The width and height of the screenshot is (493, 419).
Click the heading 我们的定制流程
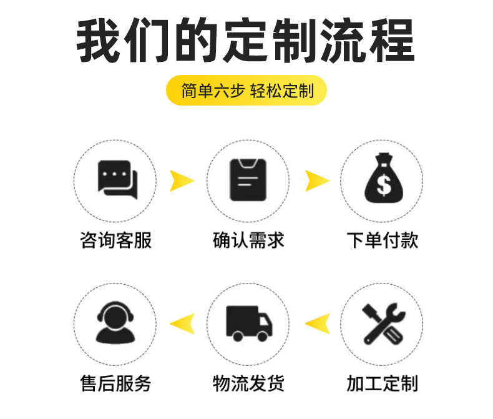tap(246, 42)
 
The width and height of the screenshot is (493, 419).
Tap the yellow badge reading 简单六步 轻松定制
tap(246, 91)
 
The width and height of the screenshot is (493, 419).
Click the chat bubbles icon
tap(117, 179)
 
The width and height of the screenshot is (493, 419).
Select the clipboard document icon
tap(248, 179)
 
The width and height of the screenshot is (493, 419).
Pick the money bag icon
tap(381, 179)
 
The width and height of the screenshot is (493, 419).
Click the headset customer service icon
tap(115, 322)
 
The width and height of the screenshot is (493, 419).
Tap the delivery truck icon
tap(248, 323)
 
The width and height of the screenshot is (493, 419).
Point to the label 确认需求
tap(248, 240)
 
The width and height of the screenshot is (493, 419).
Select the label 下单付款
tap(382, 240)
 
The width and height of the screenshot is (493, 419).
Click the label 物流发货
tap(248, 383)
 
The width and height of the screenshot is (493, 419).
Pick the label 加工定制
tap(382, 383)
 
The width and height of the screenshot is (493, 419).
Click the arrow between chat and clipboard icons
tap(181, 180)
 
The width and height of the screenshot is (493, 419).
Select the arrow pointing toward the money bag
tap(316, 180)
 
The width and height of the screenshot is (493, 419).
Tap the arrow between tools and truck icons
tap(316, 323)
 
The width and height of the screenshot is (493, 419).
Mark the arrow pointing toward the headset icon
tap(182, 323)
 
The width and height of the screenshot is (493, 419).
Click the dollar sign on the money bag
tap(381, 185)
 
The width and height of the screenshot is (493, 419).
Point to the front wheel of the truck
tap(264, 336)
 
